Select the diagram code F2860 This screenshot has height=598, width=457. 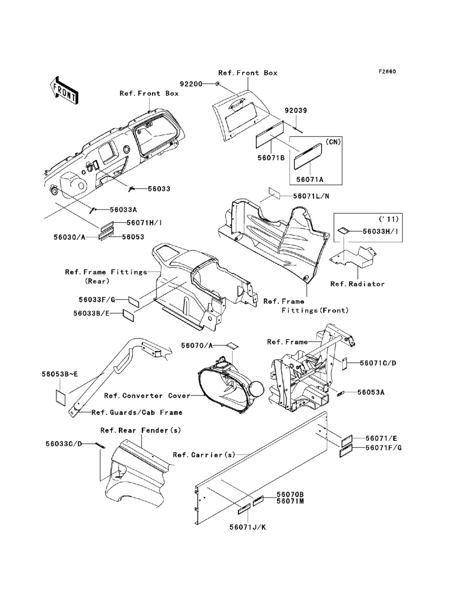pos(386,72)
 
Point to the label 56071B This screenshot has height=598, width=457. pos(269,158)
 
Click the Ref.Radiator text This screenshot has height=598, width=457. pos(357,284)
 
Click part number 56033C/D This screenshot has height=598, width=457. pos(64,443)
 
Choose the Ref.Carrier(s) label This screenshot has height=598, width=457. pos(204,455)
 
